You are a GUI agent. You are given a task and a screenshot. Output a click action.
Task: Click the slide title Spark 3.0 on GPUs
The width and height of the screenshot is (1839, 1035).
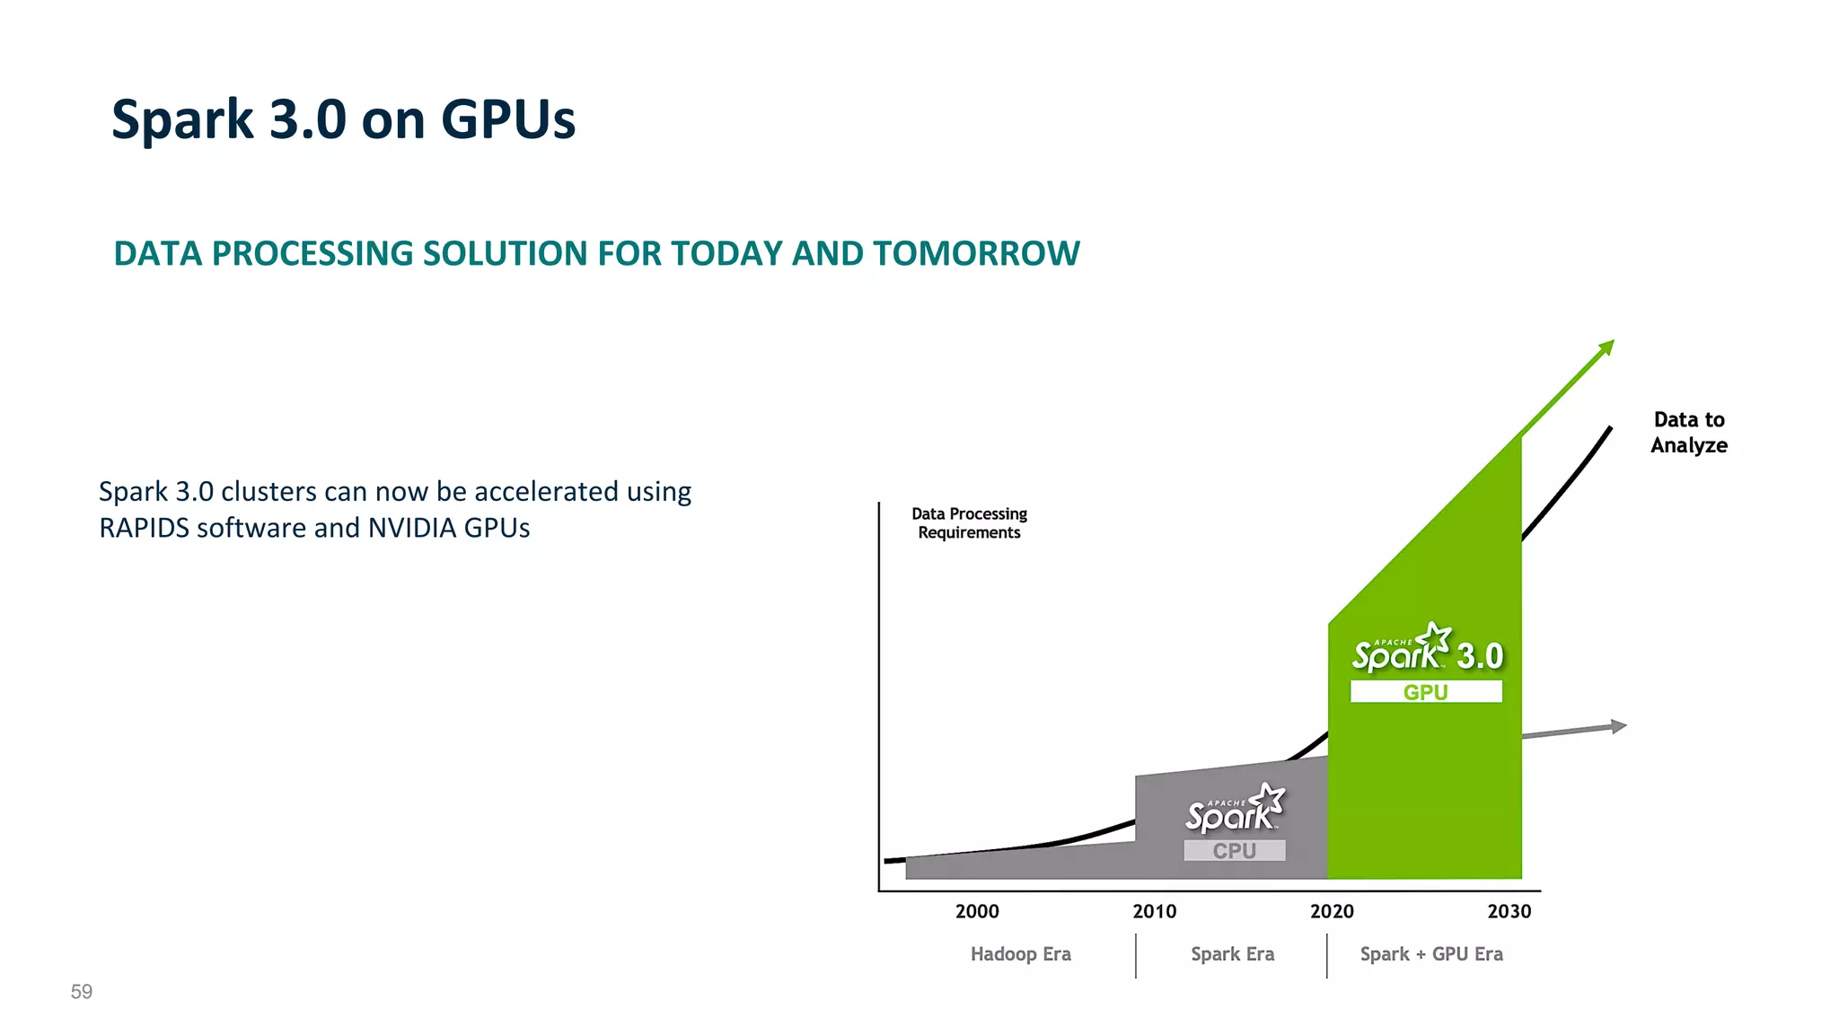point(343,119)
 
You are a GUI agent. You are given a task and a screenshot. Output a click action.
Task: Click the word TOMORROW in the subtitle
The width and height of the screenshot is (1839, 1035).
point(976,254)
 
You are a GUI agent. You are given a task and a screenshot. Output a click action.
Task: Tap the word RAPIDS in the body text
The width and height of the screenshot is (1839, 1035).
point(144,528)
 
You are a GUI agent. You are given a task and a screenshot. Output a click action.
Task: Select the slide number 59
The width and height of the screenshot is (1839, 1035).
point(82,992)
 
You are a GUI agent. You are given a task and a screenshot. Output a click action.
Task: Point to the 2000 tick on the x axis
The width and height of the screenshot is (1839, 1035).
point(977,911)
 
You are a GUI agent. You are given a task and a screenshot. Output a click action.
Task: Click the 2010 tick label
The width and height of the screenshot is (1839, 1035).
point(1154,911)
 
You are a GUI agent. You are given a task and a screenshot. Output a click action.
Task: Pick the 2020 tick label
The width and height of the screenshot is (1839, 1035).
point(1332,911)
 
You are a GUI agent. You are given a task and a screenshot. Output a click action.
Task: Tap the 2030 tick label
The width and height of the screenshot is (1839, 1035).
point(1509,911)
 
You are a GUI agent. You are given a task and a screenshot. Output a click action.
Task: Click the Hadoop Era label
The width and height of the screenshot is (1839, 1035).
point(1020,954)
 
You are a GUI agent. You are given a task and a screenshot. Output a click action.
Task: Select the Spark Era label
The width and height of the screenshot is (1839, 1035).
point(1232,954)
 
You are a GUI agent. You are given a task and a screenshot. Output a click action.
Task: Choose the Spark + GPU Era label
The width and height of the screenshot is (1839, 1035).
point(1430,954)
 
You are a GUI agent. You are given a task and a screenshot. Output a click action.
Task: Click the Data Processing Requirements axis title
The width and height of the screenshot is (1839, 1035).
point(969,523)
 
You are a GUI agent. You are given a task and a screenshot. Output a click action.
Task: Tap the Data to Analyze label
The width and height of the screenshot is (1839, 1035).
point(1688,433)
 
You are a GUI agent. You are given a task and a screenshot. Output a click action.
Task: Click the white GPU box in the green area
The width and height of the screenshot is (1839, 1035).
point(1425,692)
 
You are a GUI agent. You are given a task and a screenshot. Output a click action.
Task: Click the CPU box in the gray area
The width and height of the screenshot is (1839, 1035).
point(1234,850)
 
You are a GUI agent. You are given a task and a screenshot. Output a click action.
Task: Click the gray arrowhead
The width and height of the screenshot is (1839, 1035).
point(1618,726)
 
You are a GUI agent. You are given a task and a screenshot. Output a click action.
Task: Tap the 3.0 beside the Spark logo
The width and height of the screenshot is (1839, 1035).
point(1480,656)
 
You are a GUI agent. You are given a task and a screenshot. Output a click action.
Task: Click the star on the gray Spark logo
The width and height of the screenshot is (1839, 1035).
point(1269,797)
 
